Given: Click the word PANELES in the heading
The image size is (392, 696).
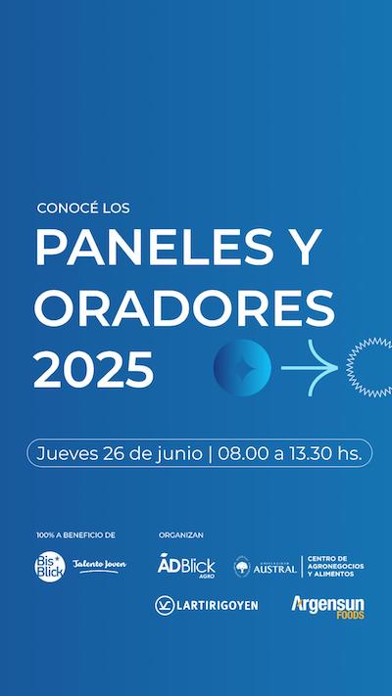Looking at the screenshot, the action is [x=154, y=248].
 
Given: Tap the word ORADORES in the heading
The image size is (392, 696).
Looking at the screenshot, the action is [x=184, y=308].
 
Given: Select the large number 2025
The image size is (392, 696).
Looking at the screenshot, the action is [x=94, y=369].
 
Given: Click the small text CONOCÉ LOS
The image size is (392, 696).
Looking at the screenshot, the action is [x=83, y=209].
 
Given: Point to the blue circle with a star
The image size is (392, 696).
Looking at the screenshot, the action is [x=242, y=367].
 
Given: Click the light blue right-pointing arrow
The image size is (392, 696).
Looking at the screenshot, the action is [x=310, y=367].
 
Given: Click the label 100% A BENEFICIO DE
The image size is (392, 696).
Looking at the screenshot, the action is [x=76, y=535].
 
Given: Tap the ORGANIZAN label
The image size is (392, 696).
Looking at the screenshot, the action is [x=181, y=535].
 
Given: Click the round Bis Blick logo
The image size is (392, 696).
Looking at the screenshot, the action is [x=50, y=567].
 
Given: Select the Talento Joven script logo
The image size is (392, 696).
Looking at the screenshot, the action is [x=99, y=566].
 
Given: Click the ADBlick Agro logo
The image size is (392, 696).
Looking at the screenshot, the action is [x=186, y=565].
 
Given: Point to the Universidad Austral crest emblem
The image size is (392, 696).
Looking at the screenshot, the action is [x=242, y=567].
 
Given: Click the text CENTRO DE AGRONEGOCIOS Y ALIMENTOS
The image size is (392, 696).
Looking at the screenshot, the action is [x=335, y=567].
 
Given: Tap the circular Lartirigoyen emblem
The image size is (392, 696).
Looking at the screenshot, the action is [x=165, y=605].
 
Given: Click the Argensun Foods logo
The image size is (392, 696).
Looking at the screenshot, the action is [x=328, y=607].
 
